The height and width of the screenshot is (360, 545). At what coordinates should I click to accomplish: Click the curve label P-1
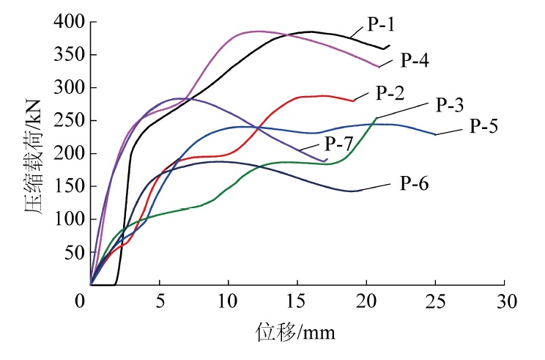pos(382,24)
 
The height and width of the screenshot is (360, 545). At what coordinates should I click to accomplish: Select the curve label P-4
pos(412,60)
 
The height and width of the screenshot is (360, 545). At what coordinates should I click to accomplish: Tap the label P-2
pos(390,93)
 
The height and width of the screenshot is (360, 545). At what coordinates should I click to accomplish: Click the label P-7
pos(340,142)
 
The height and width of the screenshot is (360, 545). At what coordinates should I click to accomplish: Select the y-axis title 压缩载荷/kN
pos(32,153)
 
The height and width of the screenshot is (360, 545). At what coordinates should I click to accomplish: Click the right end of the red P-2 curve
pos(354,100)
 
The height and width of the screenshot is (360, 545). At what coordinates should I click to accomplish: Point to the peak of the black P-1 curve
pos(311,32)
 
